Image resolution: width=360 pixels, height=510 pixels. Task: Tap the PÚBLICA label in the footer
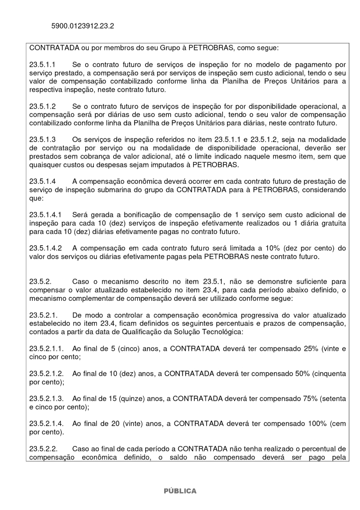179,491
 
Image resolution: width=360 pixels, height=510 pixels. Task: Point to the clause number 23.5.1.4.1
46,215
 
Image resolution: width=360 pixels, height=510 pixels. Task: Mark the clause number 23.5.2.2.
43,449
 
